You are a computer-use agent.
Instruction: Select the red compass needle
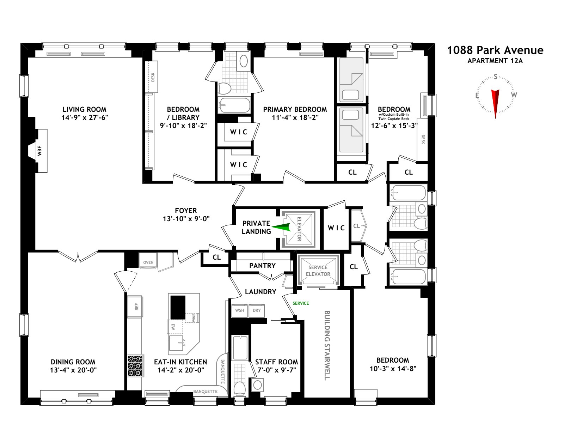495,103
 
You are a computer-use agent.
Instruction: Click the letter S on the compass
495,77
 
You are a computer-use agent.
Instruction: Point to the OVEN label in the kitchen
148,262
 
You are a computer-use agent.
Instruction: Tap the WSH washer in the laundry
239,310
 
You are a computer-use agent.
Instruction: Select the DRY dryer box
257,310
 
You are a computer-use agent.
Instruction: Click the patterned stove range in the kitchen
135,366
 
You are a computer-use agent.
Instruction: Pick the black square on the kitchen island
178,307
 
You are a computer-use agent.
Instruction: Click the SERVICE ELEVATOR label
318,271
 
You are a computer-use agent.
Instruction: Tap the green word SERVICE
301,303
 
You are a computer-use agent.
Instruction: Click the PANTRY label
262,266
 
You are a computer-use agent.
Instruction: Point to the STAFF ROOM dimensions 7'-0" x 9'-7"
276,370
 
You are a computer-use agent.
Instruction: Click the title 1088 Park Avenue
495,50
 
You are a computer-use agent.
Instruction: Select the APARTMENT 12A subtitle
495,61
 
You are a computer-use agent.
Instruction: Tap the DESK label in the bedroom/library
153,77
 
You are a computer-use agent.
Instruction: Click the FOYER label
186,211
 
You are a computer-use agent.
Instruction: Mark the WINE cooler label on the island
194,317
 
